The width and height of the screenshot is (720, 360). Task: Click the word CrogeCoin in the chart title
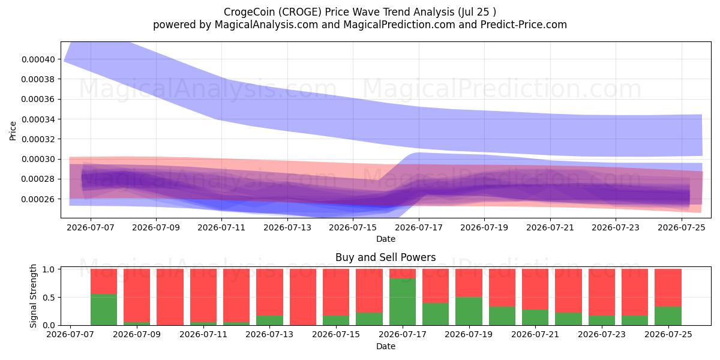pos(250,12)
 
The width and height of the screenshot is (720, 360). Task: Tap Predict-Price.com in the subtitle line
pos(524,25)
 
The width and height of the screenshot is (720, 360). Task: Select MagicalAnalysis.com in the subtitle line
pos(266,25)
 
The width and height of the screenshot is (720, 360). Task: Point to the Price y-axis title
pos(13,131)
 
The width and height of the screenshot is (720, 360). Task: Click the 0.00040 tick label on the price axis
pos(38,59)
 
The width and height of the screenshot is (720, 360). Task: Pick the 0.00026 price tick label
pos(38,199)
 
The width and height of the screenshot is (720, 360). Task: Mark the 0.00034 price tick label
pos(38,119)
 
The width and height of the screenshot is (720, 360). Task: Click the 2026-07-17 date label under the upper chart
pos(419,227)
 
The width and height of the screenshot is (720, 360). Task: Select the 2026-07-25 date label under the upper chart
pos(682,227)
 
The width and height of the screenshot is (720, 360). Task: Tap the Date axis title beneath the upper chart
pos(386,239)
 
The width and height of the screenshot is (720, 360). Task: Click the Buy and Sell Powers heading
pos(386,257)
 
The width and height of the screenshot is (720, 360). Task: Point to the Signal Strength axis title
pos(33,296)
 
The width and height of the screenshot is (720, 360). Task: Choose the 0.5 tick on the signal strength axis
pos(49,298)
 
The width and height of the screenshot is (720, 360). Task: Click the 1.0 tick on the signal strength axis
pos(49,269)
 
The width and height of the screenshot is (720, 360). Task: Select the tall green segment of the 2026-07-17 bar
pos(403,302)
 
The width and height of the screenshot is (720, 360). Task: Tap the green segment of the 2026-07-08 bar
pos(104,310)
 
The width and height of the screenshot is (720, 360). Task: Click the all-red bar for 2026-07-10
pos(170,297)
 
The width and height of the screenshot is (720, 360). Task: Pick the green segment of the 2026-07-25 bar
pos(668,316)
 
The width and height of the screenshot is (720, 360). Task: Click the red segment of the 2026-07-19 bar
pos(469,283)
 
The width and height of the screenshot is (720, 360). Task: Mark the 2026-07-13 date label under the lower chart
pos(269,335)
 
